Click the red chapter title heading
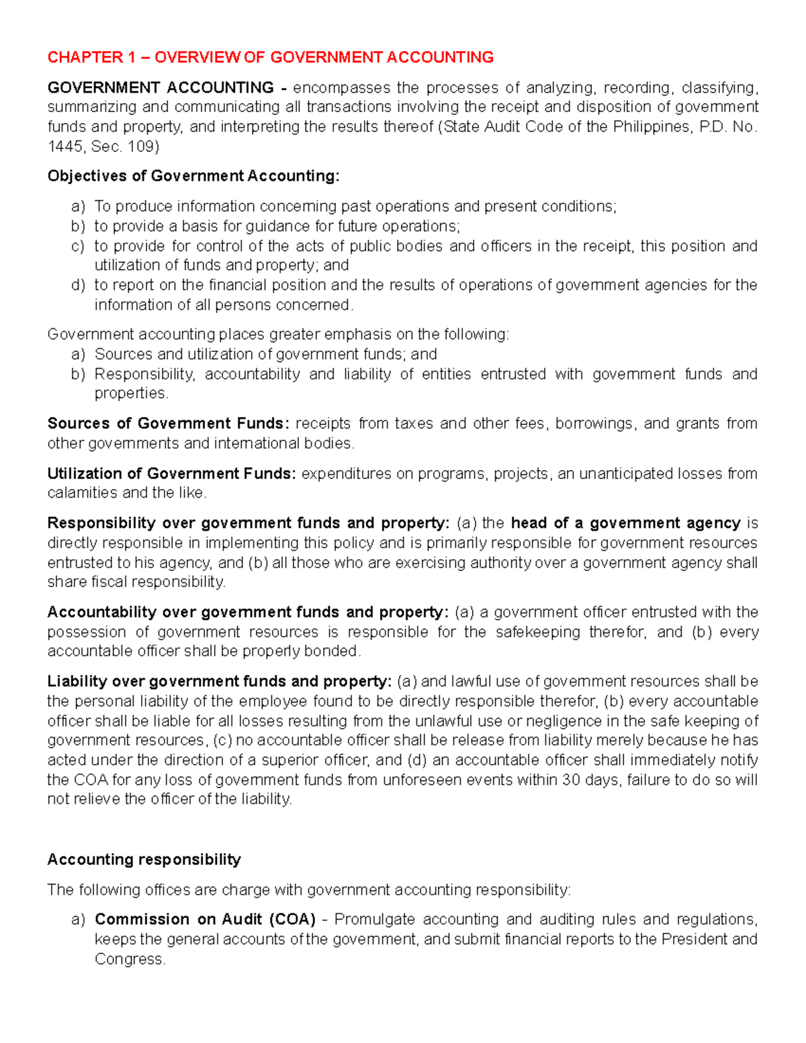point(270,57)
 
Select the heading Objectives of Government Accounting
point(193,176)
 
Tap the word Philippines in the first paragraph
point(651,127)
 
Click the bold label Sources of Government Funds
point(168,424)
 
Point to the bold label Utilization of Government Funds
point(171,473)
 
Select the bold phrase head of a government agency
point(625,523)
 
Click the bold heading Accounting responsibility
point(144,860)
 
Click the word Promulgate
point(374,919)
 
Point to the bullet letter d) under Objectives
point(78,285)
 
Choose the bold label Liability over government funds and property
point(219,682)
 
